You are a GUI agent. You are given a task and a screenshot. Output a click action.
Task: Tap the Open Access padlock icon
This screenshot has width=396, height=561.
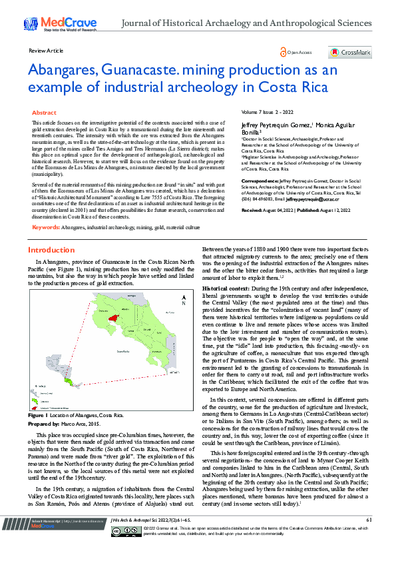click(284, 52)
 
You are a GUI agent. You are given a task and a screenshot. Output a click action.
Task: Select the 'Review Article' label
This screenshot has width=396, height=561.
click(46, 51)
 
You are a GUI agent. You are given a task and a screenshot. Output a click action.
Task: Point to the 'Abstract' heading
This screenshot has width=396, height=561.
click(45, 113)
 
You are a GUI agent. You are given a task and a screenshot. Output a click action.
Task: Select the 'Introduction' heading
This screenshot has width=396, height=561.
click(51, 250)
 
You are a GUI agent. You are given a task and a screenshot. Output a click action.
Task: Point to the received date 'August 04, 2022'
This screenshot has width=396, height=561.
click(282, 210)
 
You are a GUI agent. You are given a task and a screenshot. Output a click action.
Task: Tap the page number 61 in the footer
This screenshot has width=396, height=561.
click(368, 538)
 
